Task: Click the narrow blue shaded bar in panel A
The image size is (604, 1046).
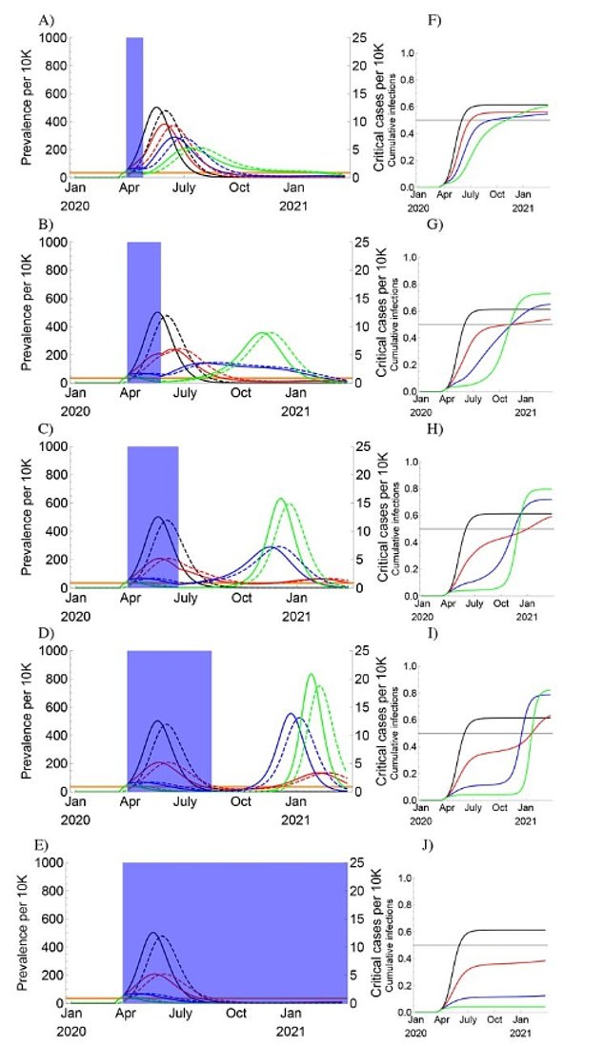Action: tap(134, 105)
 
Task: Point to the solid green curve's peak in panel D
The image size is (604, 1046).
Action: tap(311, 674)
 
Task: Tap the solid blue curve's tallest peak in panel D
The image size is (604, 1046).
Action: tap(291, 713)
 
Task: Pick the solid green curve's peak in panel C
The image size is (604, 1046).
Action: tap(280, 498)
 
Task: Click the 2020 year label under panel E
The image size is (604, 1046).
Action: tap(74, 1031)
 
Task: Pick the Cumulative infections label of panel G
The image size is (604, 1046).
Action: tap(393, 314)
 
